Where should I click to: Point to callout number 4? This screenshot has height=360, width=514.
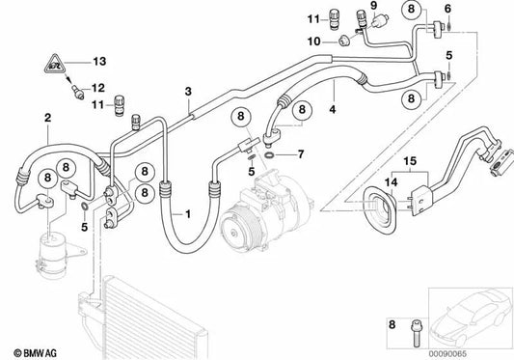(x=333, y=111)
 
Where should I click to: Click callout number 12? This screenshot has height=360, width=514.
(x=95, y=88)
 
